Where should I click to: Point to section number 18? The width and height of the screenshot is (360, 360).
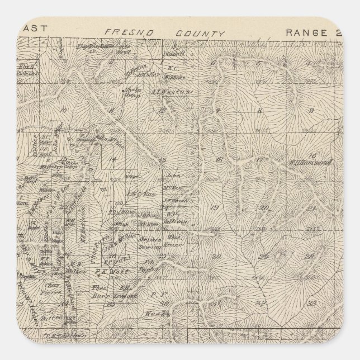coord(219,160)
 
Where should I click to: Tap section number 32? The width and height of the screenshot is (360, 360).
coord(261,303)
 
